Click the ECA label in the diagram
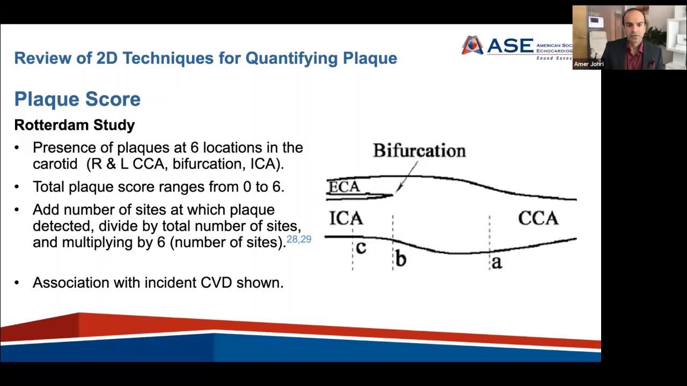point(344,187)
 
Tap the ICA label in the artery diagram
point(346,218)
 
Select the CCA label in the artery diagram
point(538,218)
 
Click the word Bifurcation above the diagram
point(419,151)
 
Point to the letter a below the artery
point(497,262)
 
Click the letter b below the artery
point(400,259)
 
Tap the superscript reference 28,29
point(299,239)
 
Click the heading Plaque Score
point(77,99)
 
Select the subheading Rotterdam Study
point(74,125)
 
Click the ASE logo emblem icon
point(472,46)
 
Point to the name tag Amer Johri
point(589,64)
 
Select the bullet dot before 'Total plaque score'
point(17,187)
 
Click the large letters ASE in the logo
point(509,46)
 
